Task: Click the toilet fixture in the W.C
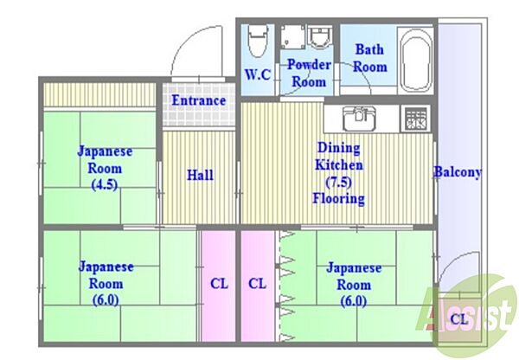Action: point(258,41)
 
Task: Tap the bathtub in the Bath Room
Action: point(416,61)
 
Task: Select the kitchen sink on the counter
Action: point(359,119)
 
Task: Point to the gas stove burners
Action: point(416,119)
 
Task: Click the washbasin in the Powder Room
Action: point(319,37)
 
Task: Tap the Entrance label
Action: point(199,100)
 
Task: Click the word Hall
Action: point(200,175)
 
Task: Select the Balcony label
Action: point(458,172)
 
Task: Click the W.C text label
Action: point(257,74)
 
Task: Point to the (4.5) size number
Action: point(105,184)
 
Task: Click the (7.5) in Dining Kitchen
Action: point(338,182)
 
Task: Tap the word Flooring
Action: point(338,198)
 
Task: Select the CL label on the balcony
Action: point(459,319)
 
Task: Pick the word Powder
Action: point(309,64)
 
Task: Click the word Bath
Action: point(369,49)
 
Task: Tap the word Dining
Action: point(338,148)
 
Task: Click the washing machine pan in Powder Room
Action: point(292,36)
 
